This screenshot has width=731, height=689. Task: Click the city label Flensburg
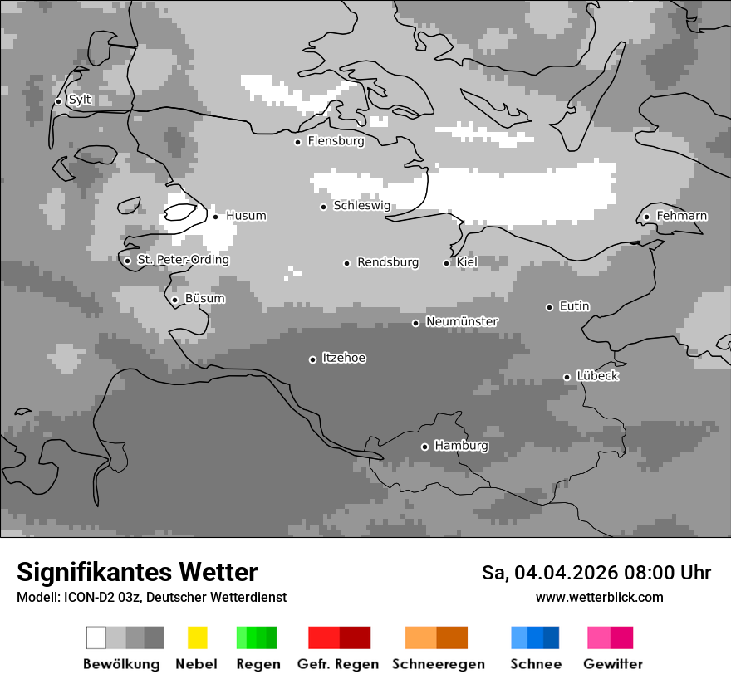click(x=336, y=141)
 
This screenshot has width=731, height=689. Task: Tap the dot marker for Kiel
click(x=446, y=263)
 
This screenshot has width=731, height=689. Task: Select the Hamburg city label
click(x=461, y=446)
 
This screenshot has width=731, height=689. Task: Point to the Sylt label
click(x=80, y=100)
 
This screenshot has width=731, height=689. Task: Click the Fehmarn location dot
click(x=646, y=217)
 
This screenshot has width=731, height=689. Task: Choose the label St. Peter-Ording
click(x=183, y=260)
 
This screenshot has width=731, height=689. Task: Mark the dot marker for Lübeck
click(x=567, y=377)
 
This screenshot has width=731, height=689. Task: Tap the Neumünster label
click(x=462, y=321)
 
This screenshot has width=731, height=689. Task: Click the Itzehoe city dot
click(x=312, y=359)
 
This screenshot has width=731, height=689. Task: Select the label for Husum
click(x=246, y=216)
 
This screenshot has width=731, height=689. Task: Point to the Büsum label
click(x=204, y=299)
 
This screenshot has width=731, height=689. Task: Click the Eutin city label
click(x=574, y=306)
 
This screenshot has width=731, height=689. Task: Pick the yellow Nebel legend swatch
click(x=197, y=638)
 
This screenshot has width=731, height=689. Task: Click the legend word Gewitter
click(x=612, y=664)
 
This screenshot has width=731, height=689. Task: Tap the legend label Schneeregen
click(x=439, y=664)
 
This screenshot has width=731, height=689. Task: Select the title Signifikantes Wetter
click(x=137, y=572)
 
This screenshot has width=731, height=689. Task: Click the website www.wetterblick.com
click(x=599, y=597)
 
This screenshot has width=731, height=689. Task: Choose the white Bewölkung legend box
click(x=96, y=638)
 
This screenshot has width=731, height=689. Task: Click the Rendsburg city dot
click(x=346, y=263)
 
